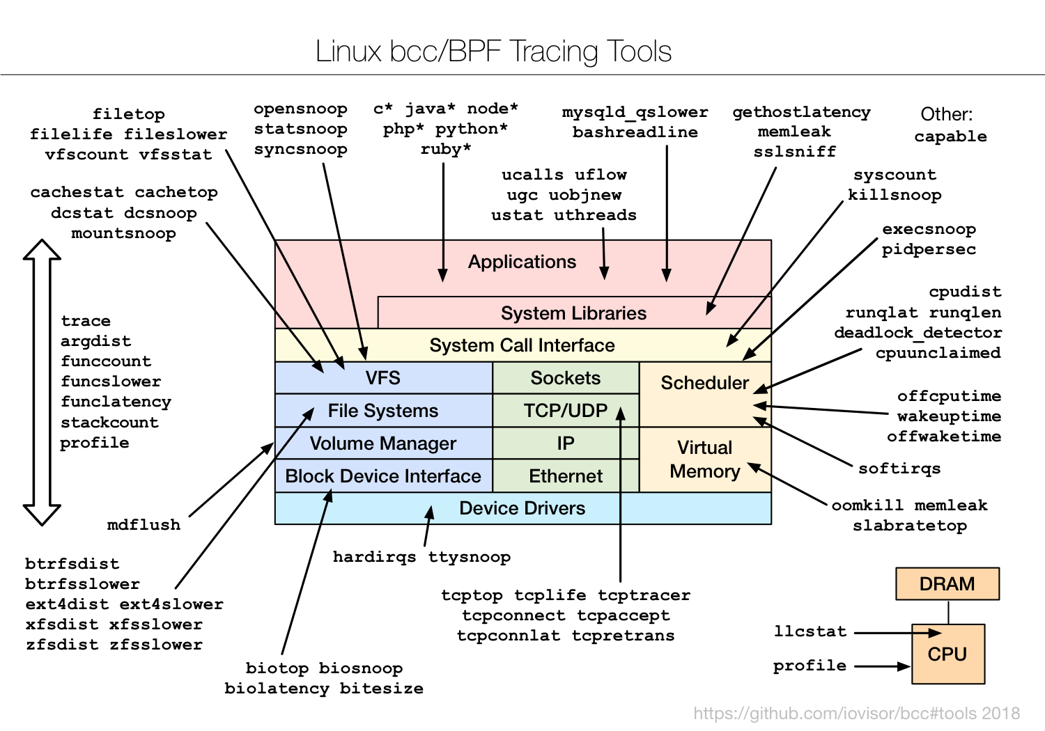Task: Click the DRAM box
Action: click(x=947, y=583)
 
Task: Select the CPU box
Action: click(x=947, y=654)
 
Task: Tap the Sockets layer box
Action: click(x=565, y=378)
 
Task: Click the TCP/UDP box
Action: click(x=565, y=411)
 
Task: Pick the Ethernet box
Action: click(x=565, y=476)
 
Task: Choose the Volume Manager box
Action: click(x=383, y=443)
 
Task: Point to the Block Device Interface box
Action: click(x=383, y=476)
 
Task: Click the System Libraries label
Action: click(x=573, y=313)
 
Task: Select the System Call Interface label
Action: click(x=522, y=345)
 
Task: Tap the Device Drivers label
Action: click(x=522, y=508)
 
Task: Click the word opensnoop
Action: click(x=300, y=109)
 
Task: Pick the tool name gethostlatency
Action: click(x=801, y=113)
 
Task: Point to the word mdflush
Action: click(x=144, y=525)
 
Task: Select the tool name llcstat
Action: click(x=810, y=631)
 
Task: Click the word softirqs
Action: click(x=899, y=469)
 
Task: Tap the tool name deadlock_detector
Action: click(x=918, y=333)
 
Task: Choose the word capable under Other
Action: click(x=950, y=136)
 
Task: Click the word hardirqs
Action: click(x=374, y=557)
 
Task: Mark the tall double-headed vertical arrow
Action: click(x=42, y=382)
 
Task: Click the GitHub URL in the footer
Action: click(x=856, y=714)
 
